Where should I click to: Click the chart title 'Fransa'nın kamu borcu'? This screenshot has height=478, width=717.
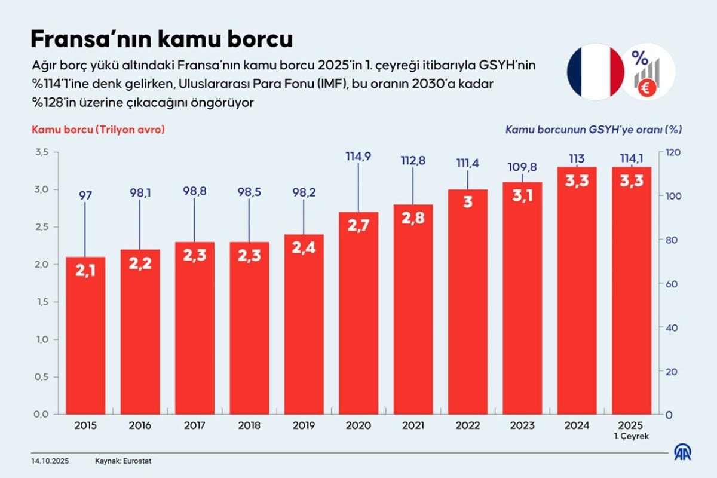161,39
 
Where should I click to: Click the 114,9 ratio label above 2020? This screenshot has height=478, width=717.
358,157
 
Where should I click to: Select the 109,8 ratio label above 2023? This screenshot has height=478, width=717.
522,167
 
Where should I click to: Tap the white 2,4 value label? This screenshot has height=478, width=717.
304,247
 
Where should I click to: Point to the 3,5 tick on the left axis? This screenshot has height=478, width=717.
40,152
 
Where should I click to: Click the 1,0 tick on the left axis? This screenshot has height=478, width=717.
40,339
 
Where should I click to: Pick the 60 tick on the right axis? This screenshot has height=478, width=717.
673,284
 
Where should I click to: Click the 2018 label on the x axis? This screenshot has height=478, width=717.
249,425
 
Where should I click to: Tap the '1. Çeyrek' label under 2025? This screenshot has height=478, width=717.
632,436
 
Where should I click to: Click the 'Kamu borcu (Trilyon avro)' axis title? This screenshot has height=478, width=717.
98,129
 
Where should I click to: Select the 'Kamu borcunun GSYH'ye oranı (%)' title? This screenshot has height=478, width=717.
594,129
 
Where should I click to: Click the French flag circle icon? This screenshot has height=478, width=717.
595,72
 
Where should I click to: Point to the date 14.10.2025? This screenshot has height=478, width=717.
50,461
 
